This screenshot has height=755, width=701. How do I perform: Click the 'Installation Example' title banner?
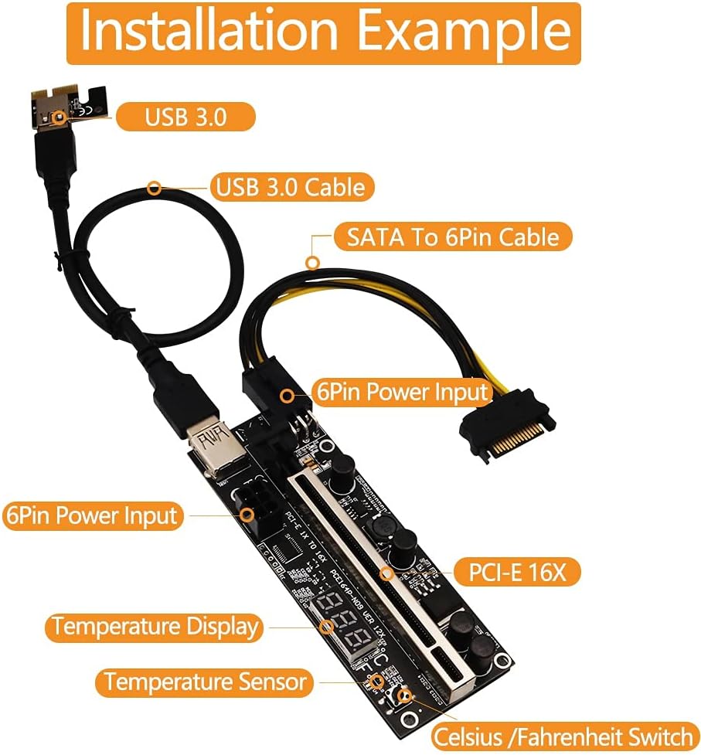[x=323, y=32]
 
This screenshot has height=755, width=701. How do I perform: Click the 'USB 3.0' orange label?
[x=185, y=117]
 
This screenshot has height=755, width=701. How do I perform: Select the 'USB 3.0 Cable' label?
[x=291, y=187]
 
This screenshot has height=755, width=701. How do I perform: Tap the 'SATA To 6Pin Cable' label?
[x=453, y=236]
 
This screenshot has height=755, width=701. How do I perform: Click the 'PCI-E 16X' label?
[x=514, y=573]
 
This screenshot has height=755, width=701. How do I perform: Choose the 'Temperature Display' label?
[x=155, y=627]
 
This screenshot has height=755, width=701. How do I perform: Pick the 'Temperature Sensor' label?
[x=206, y=682]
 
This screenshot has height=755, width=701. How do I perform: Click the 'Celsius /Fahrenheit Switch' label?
[x=562, y=735]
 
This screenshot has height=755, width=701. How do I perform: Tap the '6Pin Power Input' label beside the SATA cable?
[x=402, y=392]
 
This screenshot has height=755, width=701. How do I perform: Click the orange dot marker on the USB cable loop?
[x=155, y=187]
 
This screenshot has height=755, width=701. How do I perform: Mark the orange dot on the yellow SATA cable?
[x=311, y=262]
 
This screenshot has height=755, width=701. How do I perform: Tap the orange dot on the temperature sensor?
[x=376, y=682]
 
